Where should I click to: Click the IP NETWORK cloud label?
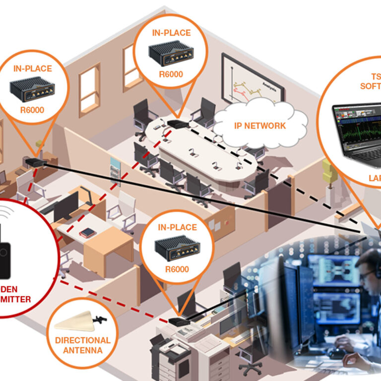pos(260,126)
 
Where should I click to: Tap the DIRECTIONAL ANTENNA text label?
pos(83,345)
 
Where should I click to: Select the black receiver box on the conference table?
pos(177,124)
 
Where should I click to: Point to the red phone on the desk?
pos(87,232)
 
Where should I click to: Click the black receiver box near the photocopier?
pos(178,321)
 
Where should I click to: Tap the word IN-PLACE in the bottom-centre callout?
pos(177,228)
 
